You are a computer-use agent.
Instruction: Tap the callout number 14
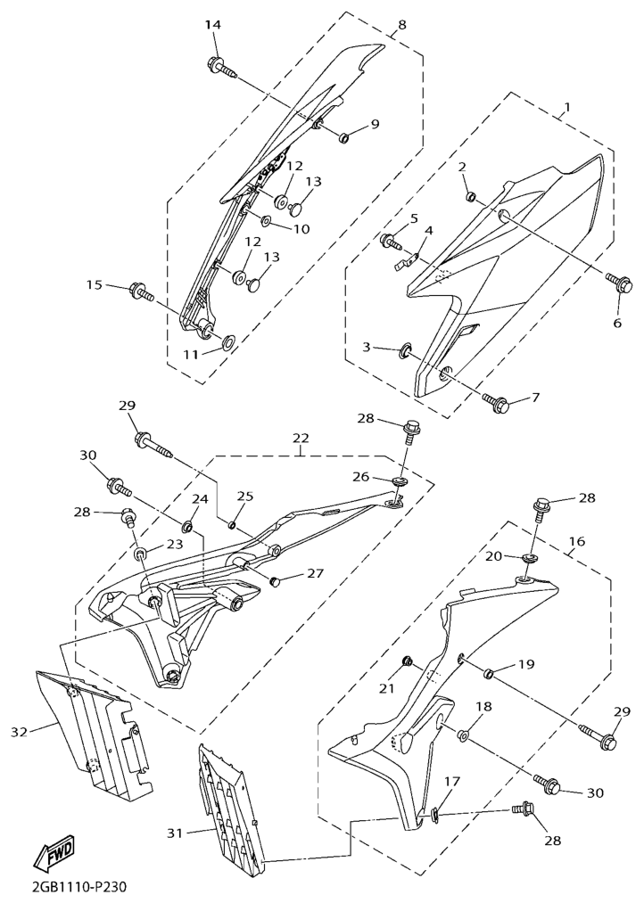click(213, 25)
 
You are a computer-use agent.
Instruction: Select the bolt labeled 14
click(222, 66)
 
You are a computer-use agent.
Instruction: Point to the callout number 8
click(402, 24)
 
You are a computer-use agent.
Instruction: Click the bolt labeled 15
click(143, 291)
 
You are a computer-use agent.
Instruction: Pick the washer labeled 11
click(227, 342)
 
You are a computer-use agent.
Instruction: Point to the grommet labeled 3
click(406, 349)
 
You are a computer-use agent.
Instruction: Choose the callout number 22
click(301, 439)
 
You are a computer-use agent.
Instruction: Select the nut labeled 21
click(406, 661)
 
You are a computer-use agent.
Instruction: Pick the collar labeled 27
click(276, 582)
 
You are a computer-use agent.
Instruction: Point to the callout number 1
click(567, 107)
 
